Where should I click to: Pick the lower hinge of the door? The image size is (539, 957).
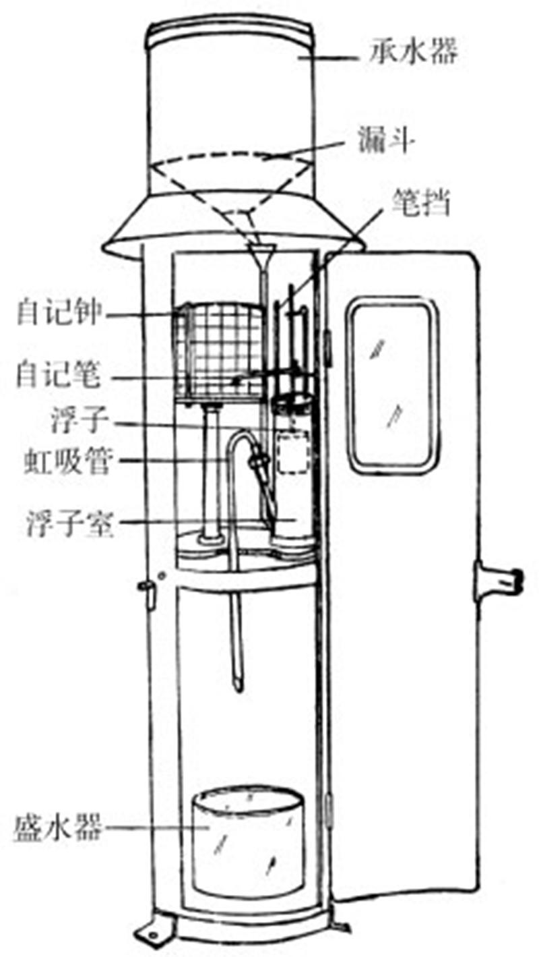[x=330, y=809]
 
